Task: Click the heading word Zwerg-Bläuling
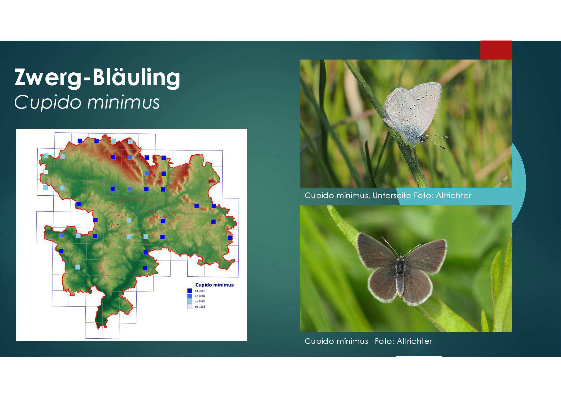tap(97, 77)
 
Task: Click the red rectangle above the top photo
tap(496, 50)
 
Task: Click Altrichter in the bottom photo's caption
tap(415, 341)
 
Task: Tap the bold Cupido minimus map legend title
tap(214, 285)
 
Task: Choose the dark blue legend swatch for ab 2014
tap(189, 291)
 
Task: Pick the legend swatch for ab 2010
tap(189, 296)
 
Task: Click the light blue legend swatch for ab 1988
tap(189, 301)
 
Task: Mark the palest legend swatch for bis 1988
tap(189, 307)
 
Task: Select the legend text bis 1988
tap(200, 307)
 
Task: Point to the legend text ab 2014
tap(200, 291)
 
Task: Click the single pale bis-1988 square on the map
tap(45, 172)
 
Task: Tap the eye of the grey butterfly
tap(422, 139)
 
